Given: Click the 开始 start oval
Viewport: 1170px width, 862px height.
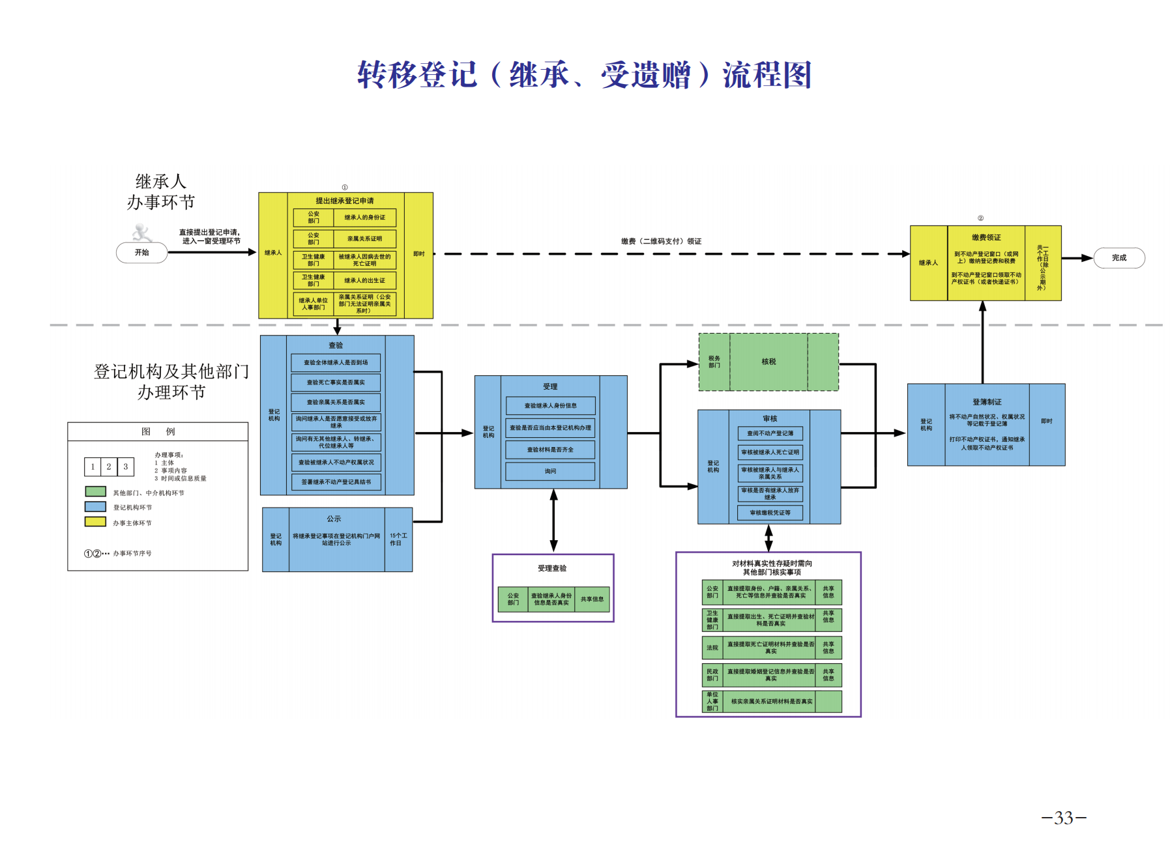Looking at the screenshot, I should click(x=141, y=253).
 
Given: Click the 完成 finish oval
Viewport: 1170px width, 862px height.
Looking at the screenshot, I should click(x=1119, y=258).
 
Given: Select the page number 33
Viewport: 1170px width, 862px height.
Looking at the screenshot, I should click(x=1063, y=818).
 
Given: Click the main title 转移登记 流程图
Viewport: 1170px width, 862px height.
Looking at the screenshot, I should click(x=585, y=75).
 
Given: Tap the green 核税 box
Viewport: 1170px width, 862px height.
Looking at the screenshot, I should click(x=768, y=362).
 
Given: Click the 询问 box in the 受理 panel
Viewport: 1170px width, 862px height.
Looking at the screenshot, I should click(x=550, y=471).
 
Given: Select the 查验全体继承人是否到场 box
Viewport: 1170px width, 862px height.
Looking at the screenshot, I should click(x=336, y=362).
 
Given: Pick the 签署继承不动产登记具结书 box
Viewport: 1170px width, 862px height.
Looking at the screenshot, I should click(x=336, y=482).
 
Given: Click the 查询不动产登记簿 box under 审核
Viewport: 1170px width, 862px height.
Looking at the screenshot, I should click(x=770, y=433).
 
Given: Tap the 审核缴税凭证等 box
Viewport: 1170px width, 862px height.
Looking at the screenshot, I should click(x=770, y=513).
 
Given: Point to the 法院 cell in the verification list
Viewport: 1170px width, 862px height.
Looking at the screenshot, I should click(x=712, y=648).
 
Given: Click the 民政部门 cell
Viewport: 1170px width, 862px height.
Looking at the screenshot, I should click(x=712, y=675).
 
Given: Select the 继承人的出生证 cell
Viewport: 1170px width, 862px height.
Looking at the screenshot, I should click(x=364, y=281).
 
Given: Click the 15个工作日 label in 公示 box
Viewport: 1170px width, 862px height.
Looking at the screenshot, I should click(x=398, y=539).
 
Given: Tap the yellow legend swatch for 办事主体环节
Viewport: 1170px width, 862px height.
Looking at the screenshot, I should click(x=95, y=521).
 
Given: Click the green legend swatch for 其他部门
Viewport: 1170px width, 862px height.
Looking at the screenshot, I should click(x=95, y=491).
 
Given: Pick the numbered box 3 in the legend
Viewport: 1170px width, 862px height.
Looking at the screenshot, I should click(x=126, y=467).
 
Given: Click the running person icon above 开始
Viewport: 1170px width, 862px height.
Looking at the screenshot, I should click(x=141, y=233).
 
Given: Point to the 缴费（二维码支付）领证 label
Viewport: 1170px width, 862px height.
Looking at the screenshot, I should click(x=661, y=241).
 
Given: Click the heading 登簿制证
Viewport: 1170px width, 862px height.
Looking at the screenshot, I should click(x=986, y=402).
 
